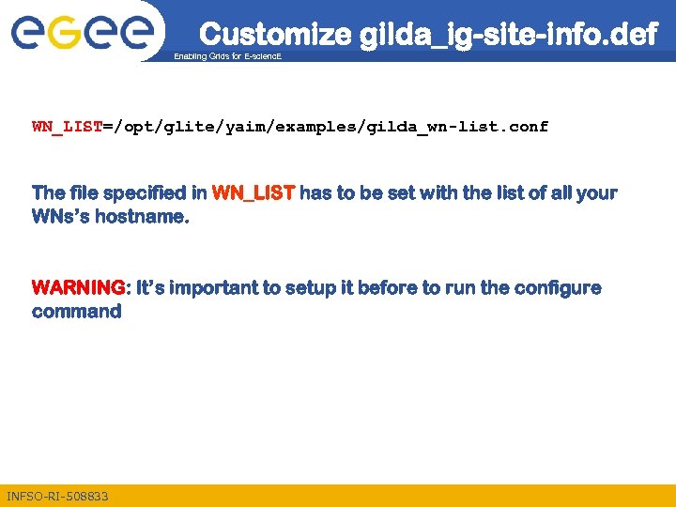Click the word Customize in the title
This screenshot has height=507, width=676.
tap(276, 35)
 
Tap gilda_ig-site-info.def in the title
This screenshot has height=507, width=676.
tap(509, 35)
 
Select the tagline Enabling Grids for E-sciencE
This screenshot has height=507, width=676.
tap(227, 57)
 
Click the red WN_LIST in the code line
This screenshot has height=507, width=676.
tap(68, 126)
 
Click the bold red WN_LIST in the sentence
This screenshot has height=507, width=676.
tap(253, 193)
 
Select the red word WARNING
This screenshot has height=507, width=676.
tap(78, 287)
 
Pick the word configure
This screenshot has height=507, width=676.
tap(553, 287)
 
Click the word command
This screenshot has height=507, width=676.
tap(77, 312)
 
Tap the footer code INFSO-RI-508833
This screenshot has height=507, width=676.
tap(57, 496)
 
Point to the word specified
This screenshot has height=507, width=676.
tap(146, 193)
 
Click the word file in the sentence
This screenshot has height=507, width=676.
tap(82, 193)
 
